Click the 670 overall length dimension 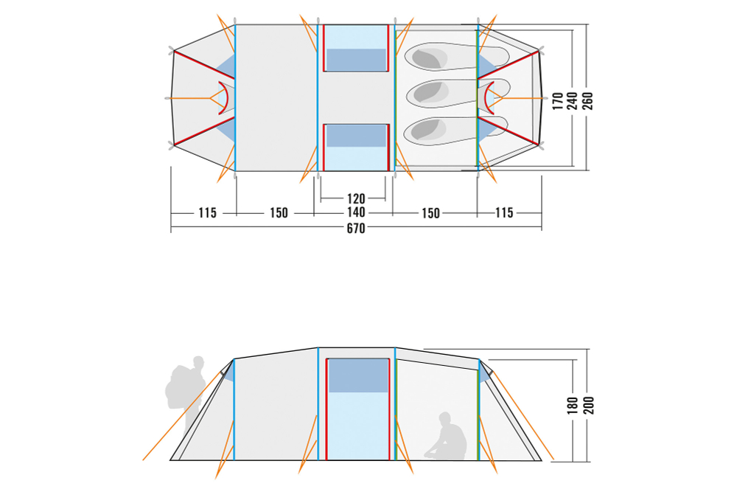point(356,229)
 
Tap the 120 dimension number point(356,198)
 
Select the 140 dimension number point(356,212)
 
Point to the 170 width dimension point(557,101)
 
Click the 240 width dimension point(573,101)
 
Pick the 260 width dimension point(587,101)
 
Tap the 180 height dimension point(573,406)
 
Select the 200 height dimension point(588,406)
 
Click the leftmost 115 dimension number point(207,213)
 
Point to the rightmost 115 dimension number point(504,213)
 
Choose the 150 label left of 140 point(279,213)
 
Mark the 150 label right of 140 point(430,214)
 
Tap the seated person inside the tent point(446,437)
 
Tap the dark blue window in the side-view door point(358,375)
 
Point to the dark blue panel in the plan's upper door point(356,59)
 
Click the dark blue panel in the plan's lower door point(356,136)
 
